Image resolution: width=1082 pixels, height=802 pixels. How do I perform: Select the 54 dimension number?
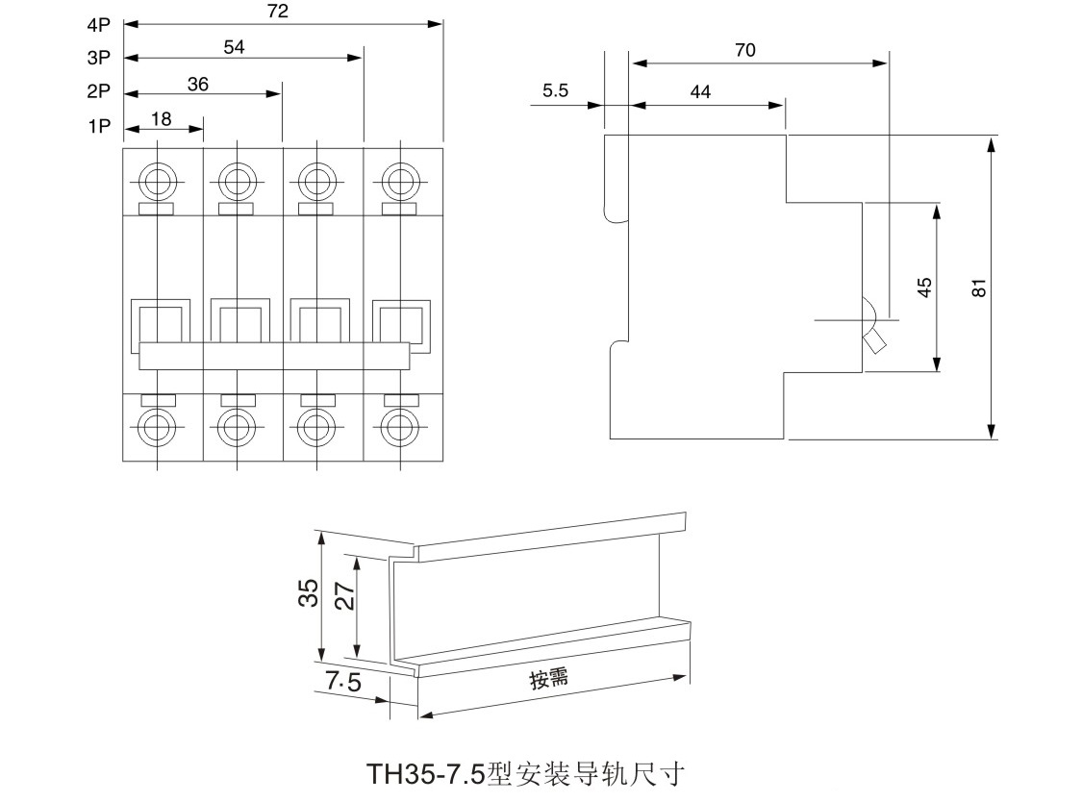[235, 46]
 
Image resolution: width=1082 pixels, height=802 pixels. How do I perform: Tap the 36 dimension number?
[198, 84]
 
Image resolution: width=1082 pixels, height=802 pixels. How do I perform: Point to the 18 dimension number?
[162, 119]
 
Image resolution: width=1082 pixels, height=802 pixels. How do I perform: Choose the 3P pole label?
[99, 58]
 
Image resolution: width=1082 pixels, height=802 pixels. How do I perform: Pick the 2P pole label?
[99, 92]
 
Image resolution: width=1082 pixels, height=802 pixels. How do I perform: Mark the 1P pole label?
[99, 126]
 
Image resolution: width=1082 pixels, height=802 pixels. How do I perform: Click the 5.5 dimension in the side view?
[556, 91]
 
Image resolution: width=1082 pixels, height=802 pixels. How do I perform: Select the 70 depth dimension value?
[745, 51]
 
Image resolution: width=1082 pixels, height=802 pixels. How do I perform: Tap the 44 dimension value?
[701, 91]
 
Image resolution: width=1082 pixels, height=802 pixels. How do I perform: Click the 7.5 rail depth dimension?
[342, 683]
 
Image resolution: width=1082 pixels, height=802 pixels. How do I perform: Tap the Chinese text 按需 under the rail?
[548, 679]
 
